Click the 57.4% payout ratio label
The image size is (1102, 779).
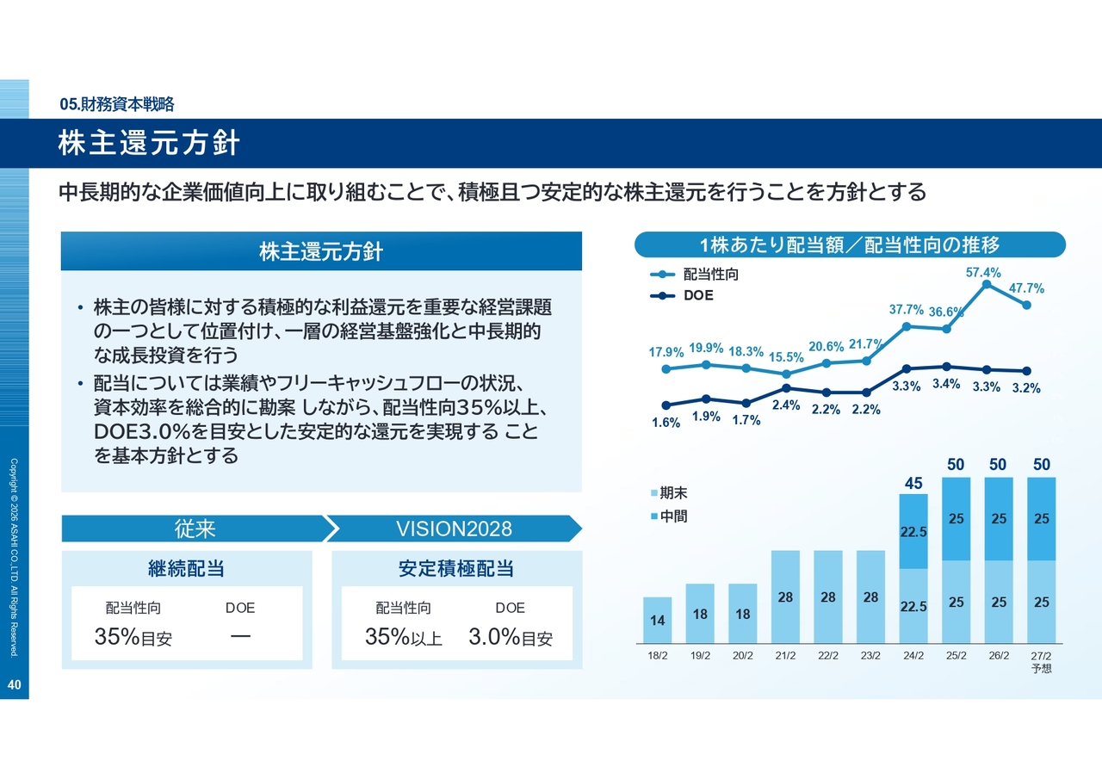click(983, 273)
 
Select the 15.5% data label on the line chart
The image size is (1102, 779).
click(786, 356)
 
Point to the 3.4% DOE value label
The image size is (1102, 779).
click(946, 384)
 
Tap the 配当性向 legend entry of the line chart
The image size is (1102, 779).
click(710, 275)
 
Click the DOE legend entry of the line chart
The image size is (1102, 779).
click(698, 295)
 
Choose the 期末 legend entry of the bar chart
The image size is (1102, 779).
click(673, 494)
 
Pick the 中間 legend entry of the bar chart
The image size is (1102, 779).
click(673, 517)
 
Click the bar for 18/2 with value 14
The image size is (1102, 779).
click(658, 620)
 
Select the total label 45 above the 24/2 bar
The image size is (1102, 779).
click(913, 484)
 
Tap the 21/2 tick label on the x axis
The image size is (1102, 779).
click(784, 656)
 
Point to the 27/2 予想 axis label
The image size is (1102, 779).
click(1041, 661)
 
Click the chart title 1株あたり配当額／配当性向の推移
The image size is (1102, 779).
click(850, 245)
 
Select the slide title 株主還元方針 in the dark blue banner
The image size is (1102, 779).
click(149, 144)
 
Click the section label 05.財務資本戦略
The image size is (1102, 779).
click(117, 104)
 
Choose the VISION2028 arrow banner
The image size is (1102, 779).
click(454, 529)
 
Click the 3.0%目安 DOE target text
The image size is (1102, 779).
click(511, 638)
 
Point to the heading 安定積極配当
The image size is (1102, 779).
click(456, 569)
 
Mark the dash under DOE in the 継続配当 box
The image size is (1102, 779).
click(240, 637)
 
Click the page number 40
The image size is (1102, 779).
click(14, 685)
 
